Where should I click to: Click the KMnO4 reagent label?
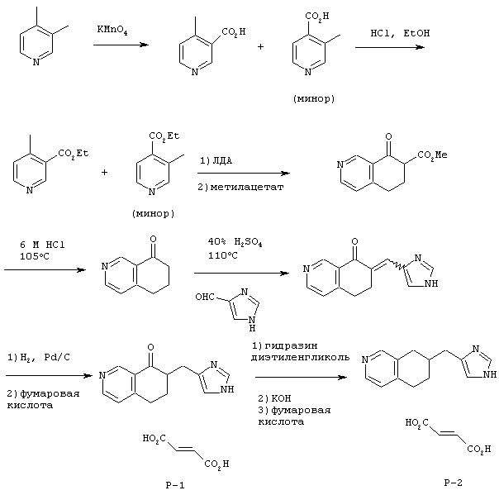pos(112,31)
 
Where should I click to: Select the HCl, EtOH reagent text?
pos(400,33)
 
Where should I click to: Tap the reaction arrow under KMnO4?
pos(121,45)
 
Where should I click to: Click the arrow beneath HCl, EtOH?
pos(390,47)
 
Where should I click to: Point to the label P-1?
pos(175,485)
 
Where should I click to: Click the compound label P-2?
pos(453,483)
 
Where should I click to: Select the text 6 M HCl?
pos(42,245)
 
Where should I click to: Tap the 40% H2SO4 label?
pos(235,243)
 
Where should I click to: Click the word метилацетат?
pos(247,187)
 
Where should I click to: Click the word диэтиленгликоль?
pos(300,358)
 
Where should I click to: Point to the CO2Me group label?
pos(432,155)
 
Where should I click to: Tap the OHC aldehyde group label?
pos(205,297)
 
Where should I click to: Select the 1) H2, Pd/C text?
pos(39,358)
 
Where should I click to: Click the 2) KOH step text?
pos(274,398)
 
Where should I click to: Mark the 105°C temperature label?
pos(35,256)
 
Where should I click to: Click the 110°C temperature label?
pos(223,255)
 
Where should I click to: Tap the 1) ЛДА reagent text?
pos(216,161)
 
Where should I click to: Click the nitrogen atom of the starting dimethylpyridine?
pos(36,62)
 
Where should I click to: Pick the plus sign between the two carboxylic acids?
pos(260,47)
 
